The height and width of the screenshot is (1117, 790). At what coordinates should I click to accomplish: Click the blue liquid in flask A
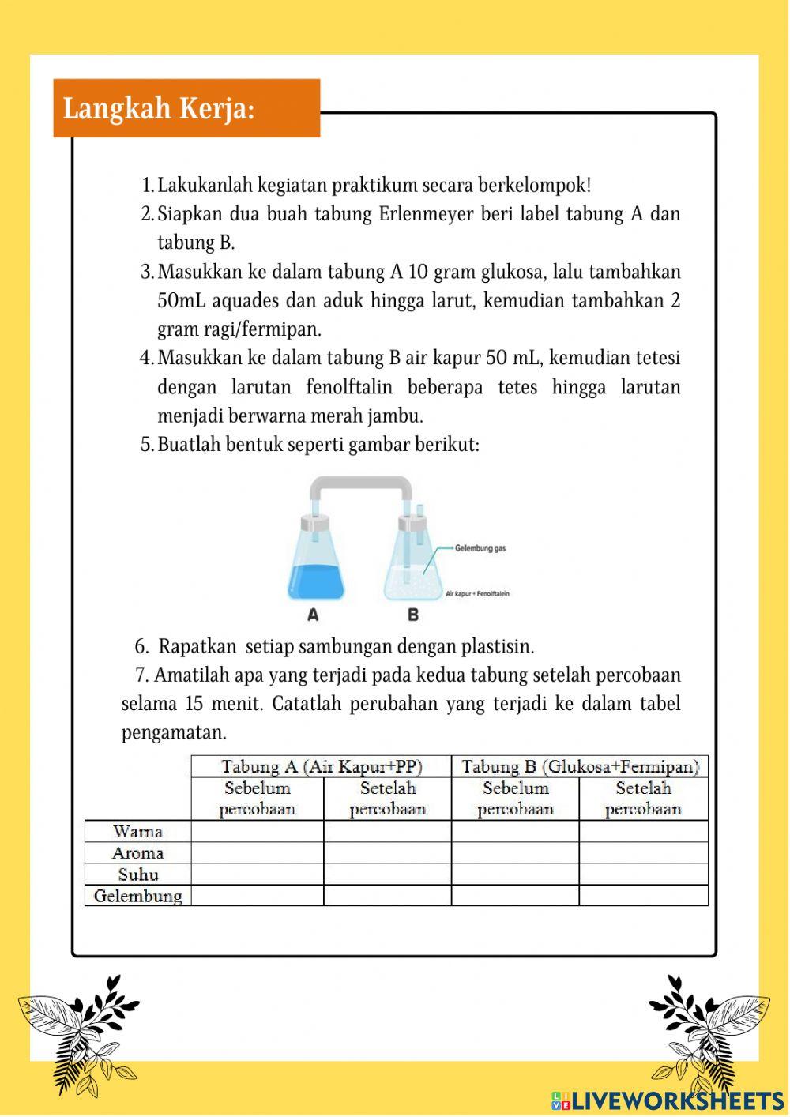coord(316,581)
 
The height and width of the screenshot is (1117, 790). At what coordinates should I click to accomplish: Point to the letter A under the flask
coord(313,615)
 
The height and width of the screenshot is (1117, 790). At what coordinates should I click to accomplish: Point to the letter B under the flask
coord(412,615)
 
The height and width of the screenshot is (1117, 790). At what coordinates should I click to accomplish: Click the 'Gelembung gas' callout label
coord(480,547)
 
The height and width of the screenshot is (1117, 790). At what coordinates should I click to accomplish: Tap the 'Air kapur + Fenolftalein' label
coord(477,594)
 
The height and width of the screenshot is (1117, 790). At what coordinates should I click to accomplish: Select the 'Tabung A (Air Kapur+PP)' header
coord(322,766)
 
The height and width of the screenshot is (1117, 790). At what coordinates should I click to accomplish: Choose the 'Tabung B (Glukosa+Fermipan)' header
coord(580,766)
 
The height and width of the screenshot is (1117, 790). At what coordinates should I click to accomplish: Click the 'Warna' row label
coord(137,831)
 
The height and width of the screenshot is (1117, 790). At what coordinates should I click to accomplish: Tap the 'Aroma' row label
coord(137,853)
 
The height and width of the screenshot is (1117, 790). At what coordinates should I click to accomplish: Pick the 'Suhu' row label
coord(137,874)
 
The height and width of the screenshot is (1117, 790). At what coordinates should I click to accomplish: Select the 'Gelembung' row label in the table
coord(137,896)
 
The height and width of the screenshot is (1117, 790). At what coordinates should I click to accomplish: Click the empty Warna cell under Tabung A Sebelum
coord(258,831)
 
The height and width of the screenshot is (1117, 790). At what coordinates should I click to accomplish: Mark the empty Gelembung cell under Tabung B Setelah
coord(643,896)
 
